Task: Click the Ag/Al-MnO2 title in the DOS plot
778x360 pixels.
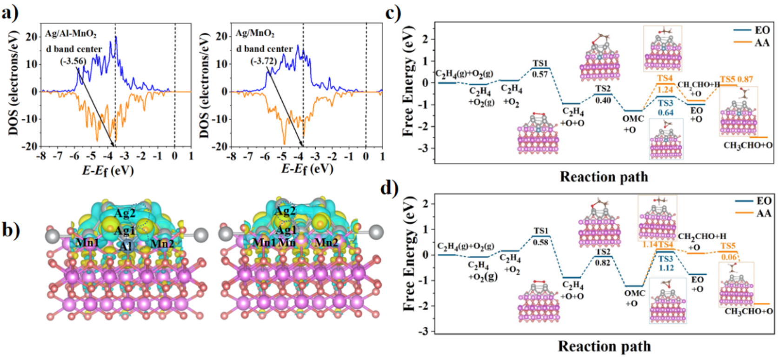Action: [x=71, y=34]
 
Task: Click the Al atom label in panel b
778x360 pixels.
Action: [x=125, y=247]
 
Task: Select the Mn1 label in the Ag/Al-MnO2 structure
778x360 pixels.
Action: [x=87, y=242]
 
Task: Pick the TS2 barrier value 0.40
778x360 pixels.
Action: [x=603, y=100]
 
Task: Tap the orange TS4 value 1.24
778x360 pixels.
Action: [x=665, y=89]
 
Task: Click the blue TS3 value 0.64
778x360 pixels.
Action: [x=665, y=113]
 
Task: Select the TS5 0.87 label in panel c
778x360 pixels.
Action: [x=736, y=80]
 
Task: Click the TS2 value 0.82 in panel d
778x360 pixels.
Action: [x=603, y=262]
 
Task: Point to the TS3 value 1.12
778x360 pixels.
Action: [x=665, y=268]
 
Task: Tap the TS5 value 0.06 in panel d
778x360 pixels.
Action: [x=729, y=257]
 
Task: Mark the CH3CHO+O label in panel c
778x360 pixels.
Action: [x=748, y=146]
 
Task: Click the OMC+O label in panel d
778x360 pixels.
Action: [x=634, y=298]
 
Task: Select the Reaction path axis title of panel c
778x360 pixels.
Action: [x=604, y=177]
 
